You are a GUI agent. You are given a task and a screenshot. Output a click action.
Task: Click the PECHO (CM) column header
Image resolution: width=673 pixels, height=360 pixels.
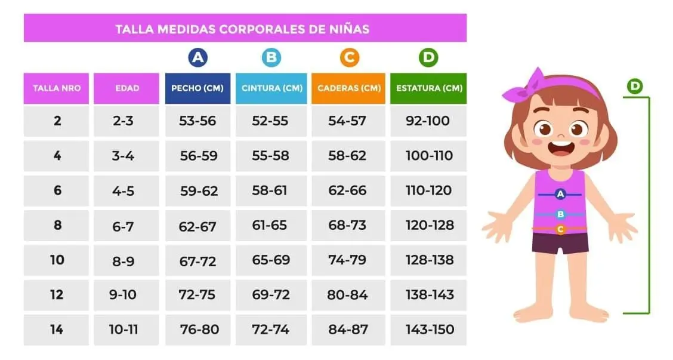pos(197,88)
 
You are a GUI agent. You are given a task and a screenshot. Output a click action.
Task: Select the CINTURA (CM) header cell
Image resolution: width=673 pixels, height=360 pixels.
pos(271,88)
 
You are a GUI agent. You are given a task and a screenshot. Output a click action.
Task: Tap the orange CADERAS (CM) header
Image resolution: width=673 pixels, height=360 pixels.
pos(348,88)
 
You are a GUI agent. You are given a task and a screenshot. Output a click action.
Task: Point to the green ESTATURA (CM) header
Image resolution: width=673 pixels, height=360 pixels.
pos(428,88)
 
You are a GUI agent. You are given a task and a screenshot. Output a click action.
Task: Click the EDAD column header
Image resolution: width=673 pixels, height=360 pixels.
pos(126,88)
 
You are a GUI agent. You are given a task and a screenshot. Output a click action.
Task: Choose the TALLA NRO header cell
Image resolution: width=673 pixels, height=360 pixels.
pos(56,88)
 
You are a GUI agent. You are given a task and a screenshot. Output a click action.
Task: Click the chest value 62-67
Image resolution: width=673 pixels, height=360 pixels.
pos(197,226)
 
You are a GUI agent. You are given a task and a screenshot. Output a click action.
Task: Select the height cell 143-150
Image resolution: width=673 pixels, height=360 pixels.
pos(430,330)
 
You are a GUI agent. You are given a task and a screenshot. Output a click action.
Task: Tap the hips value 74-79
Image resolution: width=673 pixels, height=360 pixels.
pos(347,260)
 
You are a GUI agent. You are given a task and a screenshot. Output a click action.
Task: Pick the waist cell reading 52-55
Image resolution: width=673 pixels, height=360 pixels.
pos(270,121)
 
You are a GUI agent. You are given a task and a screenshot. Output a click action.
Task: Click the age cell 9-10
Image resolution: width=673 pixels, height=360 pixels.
pos(123,295)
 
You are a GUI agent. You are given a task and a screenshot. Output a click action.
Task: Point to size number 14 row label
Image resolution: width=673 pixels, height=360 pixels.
pos(57,330)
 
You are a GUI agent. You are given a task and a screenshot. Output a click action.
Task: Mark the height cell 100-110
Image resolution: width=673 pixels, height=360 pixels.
pos(429,155)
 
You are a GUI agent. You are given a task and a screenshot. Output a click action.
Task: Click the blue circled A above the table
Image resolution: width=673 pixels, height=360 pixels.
pos(198,57)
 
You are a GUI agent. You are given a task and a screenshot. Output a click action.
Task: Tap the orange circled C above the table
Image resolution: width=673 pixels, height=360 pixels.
pos(350,57)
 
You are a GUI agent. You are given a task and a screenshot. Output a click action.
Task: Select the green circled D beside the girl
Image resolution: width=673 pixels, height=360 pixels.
pos(635,87)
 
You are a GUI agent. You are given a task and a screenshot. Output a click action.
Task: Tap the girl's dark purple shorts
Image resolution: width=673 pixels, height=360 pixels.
pos(560,243)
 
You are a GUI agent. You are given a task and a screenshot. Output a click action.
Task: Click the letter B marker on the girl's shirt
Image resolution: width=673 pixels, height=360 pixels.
pos(561,214)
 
